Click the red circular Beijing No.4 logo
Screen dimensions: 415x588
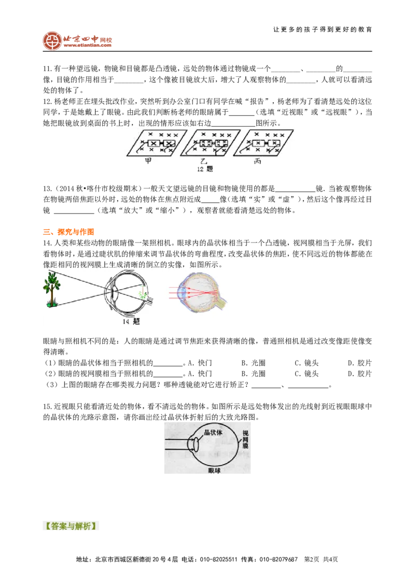(52, 41)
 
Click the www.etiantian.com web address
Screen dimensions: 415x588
(88, 45)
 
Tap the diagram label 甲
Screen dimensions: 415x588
(148, 161)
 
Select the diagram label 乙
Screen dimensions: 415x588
(204, 161)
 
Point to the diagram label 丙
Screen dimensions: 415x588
(258, 161)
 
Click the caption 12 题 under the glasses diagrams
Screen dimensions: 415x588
(205, 169)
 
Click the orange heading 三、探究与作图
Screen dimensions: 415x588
(68, 232)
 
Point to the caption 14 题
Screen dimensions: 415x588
(131, 322)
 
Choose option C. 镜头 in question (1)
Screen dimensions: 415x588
(307, 363)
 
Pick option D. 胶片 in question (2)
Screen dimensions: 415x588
(359, 373)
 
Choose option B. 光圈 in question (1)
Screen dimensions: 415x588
(253, 363)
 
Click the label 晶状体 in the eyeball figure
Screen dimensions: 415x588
(213, 432)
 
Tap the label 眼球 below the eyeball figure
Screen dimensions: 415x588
(214, 470)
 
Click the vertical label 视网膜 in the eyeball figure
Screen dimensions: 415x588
(245, 439)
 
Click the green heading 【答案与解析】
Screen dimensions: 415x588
(71, 526)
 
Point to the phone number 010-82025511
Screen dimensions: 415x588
(219, 559)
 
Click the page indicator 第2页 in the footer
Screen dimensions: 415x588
(312, 559)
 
